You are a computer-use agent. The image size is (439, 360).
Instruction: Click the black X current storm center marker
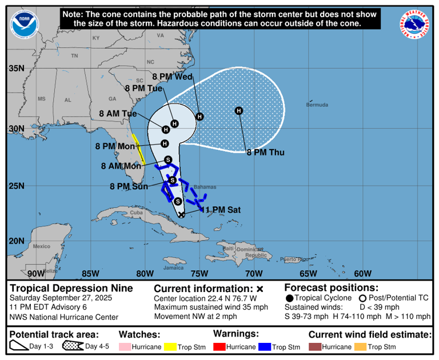(182, 214)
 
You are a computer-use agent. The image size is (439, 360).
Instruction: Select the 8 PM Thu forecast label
(265, 153)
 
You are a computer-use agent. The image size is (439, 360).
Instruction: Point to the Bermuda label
(317, 105)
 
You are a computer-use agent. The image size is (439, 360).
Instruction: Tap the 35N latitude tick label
(16, 69)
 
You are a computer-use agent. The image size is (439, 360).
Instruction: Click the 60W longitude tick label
(362, 273)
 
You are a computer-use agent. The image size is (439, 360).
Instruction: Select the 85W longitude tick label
(90, 273)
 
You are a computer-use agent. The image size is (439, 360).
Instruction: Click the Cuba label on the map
(135, 213)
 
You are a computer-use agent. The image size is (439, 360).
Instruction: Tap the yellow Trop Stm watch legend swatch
(171, 347)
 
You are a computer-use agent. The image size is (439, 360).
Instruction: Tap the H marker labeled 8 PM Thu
(239, 110)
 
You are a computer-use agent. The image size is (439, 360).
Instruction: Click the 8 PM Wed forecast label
(171, 76)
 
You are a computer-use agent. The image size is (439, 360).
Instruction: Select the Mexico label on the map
(42, 246)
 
